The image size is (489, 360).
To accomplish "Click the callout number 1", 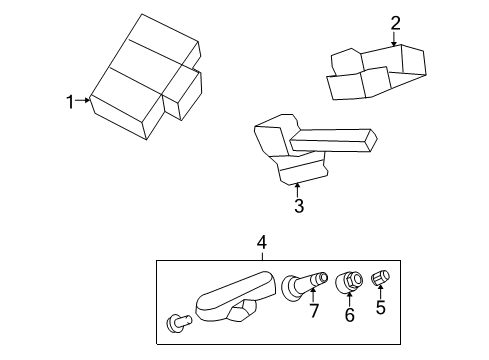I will click(70, 100).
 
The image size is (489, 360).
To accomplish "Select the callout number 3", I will click(298, 207).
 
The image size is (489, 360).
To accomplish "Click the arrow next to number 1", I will click(85, 100).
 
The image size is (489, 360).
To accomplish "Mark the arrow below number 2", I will click(394, 40).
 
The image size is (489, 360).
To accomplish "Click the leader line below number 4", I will click(262, 253).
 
